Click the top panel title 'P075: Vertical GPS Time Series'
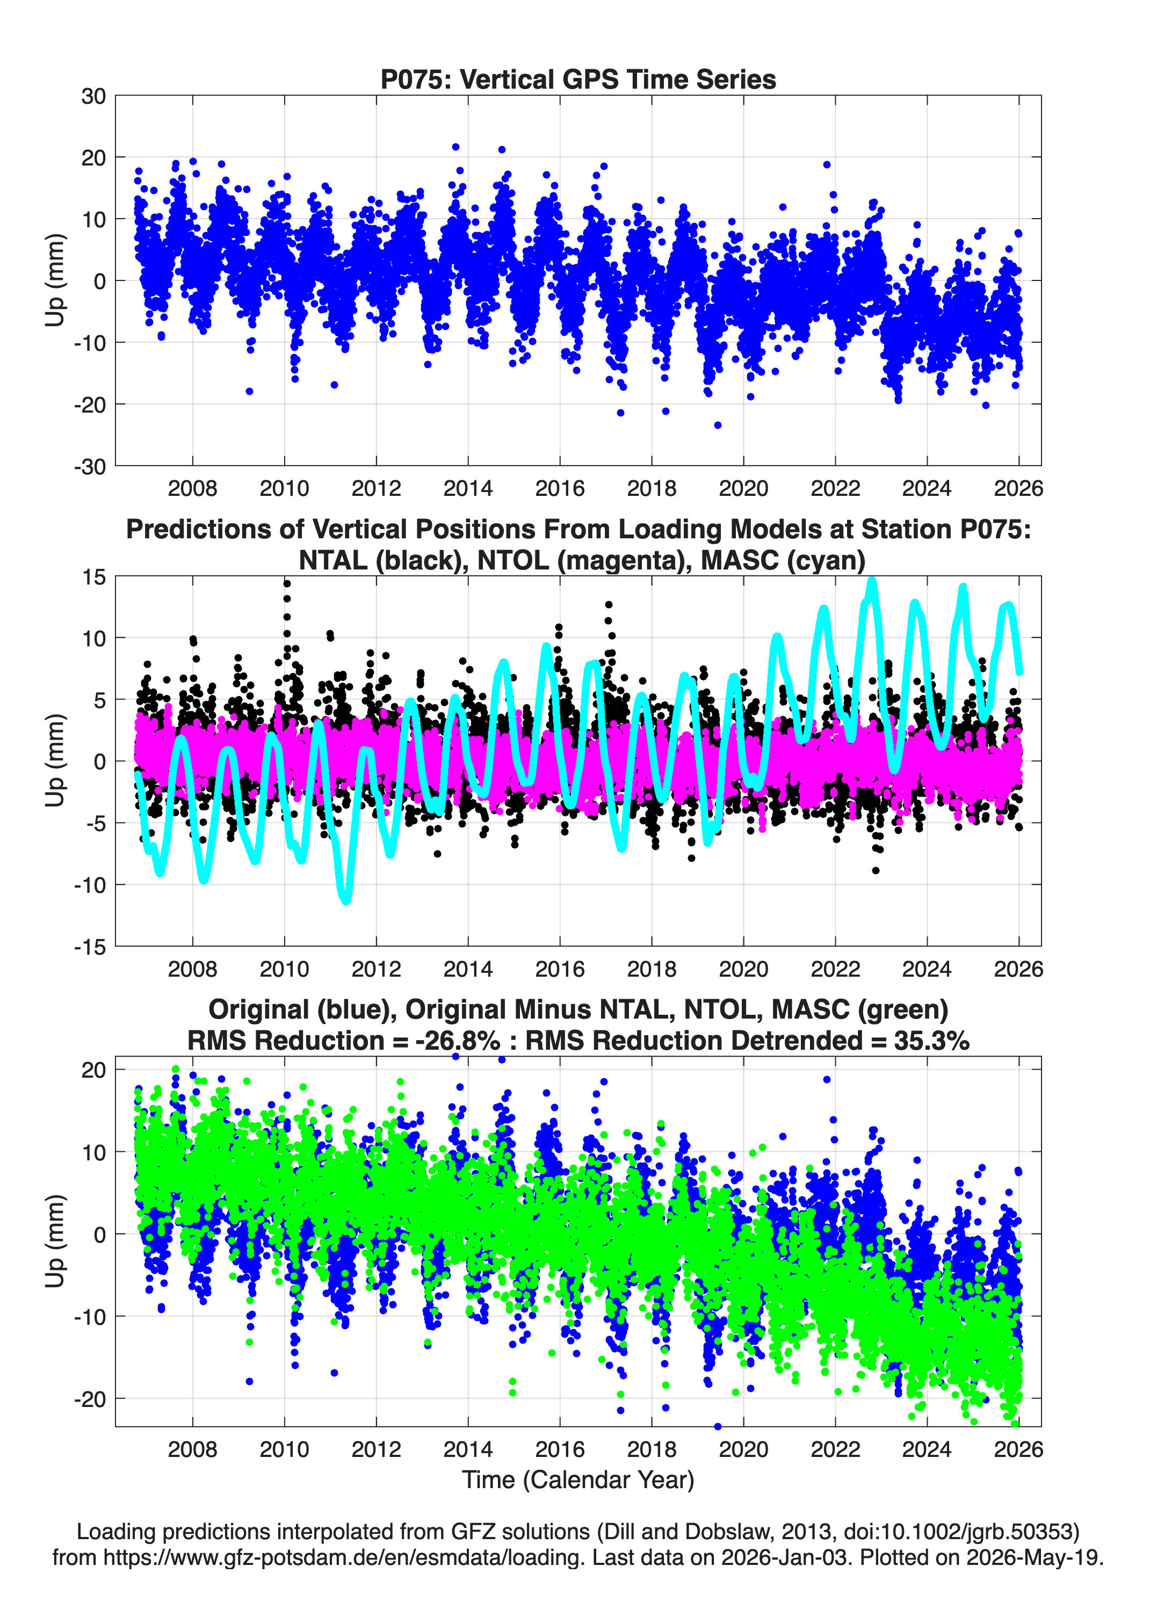pos(578,79)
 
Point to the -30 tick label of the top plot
pos(90,467)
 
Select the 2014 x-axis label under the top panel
pos(468,488)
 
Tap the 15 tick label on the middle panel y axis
pos(93,577)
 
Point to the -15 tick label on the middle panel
pos(90,947)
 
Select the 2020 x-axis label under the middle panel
pos(743,969)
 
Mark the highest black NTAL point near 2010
pos(287,583)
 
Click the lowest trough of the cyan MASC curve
pos(346,900)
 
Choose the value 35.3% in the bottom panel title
pos(931,1041)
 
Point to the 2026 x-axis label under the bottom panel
pos(1018,1449)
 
